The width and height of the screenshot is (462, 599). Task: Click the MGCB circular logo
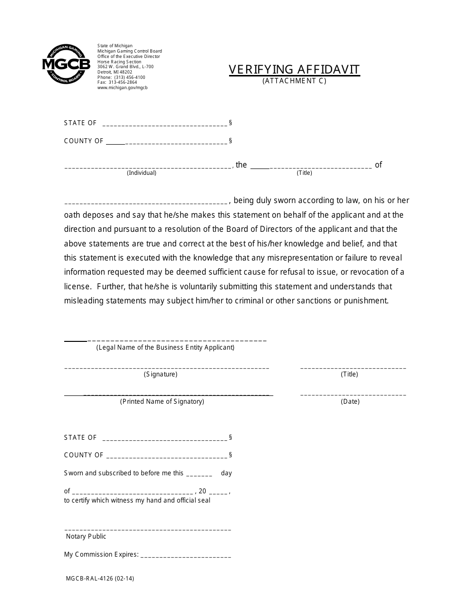point(66,64)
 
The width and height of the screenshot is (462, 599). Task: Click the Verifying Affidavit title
point(294,70)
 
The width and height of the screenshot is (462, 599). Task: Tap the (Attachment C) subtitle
point(294,81)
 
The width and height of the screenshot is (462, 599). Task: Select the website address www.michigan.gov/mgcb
point(122,88)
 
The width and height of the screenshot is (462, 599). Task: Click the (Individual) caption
point(142,173)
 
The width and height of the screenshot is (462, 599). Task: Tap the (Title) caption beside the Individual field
point(304,173)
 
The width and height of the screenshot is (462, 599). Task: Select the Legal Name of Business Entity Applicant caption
point(165,348)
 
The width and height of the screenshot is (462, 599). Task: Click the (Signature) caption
point(160,374)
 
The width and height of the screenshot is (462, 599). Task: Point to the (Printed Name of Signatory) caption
point(162,402)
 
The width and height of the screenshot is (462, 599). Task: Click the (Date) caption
point(350,402)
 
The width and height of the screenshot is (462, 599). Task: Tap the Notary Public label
point(86,537)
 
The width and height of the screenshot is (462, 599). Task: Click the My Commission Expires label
point(101,555)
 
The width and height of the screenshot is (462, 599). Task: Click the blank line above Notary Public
point(147,529)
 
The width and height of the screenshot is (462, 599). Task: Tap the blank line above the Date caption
point(353,394)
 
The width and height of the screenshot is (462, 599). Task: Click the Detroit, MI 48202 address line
point(115,72)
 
